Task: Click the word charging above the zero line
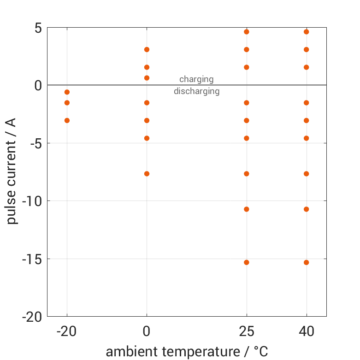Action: point(196,79)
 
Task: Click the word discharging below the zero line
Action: point(196,91)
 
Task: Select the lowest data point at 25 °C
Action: point(247,262)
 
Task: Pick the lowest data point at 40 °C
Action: point(306,262)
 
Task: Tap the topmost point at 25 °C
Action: point(247,32)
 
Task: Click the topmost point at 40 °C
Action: point(306,32)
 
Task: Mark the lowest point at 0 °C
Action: point(147,174)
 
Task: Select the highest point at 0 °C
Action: point(147,49)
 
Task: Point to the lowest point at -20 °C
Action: point(67,120)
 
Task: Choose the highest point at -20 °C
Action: point(67,92)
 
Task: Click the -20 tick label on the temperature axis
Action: point(67,331)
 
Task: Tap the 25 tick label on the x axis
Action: point(247,331)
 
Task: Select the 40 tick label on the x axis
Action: point(306,331)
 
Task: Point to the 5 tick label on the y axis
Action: point(37,28)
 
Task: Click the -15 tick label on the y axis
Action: point(32,259)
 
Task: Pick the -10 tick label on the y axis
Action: point(32,201)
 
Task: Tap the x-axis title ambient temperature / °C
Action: point(187,352)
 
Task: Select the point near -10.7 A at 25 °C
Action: point(247,209)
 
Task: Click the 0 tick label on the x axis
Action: point(147,331)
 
